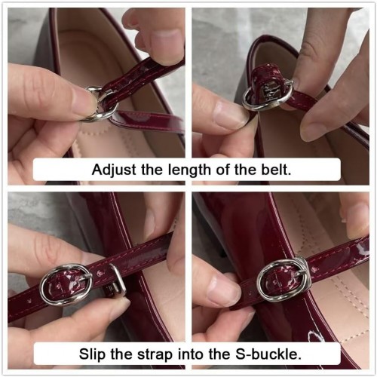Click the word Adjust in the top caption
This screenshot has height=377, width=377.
pos(115,170)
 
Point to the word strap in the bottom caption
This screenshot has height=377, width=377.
pos(155,355)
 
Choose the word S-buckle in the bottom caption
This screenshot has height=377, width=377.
pos(268,354)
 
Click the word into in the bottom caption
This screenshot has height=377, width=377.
pos(190,354)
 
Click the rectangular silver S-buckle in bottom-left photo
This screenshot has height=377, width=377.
pos(118,279)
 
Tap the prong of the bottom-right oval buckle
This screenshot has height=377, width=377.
pos(299,274)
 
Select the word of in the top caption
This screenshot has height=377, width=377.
pos(222,170)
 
